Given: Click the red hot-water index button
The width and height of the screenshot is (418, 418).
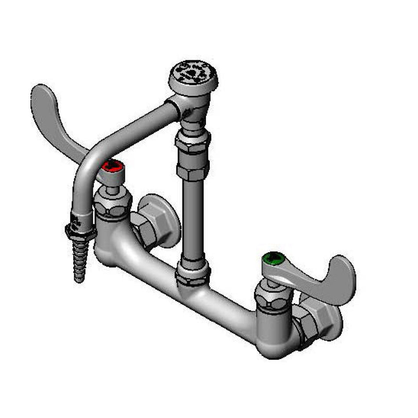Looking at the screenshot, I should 113,166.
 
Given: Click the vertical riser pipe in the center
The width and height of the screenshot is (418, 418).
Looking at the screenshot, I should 193,220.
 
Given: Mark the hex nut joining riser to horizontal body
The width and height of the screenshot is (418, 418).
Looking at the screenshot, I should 193,274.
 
